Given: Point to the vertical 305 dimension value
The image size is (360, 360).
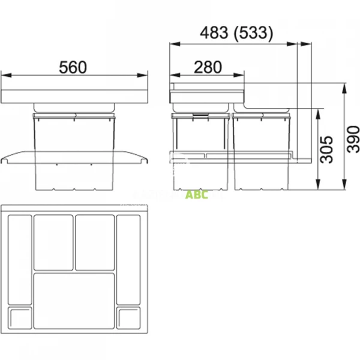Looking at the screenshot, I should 326,149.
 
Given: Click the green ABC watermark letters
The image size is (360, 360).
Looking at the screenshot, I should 196,195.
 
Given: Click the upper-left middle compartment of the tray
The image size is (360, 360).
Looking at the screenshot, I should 53,241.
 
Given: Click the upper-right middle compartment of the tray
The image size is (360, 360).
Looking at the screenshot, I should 95,241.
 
